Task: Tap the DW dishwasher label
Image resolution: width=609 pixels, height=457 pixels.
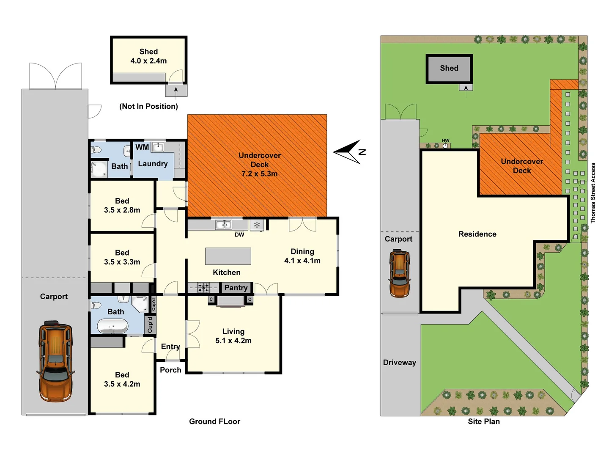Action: pyautogui.click(x=239, y=234)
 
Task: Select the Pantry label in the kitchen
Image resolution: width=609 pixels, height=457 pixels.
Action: pyautogui.click(x=236, y=288)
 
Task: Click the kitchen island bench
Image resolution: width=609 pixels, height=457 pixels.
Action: pyautogui.click(x=228, y=256)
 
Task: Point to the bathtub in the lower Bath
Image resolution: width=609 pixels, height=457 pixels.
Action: pyautogui.click(x=112, y=326)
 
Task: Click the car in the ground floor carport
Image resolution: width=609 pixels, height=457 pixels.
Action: pyautogui.click(x=56, y=361)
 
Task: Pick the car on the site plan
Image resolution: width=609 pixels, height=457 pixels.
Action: pyautogui.click(x=399, y=273)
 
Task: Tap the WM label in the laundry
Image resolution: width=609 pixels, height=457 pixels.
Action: pyautogui.click(x=142, y=147)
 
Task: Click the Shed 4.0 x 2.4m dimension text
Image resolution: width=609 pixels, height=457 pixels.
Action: pyautogui.click(x=148, y=61)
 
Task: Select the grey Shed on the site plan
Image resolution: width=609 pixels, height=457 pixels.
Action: pyautogui.click(x=449, y=68)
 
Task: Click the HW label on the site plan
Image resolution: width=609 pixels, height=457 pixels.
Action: pyautogui.click(x=446, y=140)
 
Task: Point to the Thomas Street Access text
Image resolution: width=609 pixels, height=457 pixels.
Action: pyautogui.click(x=593, y=193)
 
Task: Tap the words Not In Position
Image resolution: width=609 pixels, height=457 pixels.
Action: pyautogui.click(x=148, y=106)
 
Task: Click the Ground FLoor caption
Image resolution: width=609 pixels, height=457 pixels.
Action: pyautogui.click(x=214, y=421)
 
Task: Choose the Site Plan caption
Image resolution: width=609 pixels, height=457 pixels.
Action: pyautogui.click(x=484, y=421)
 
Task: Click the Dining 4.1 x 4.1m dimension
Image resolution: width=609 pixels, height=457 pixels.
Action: pyautogui.click(x=302, y=261)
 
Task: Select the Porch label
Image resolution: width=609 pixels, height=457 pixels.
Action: pyautogui.click(x=170, y=370)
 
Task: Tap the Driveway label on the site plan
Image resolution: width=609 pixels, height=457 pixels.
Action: pyautogui.click(x=400, y=363)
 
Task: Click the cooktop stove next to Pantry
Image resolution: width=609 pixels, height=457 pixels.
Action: pyautogui.click(x=203, y=288)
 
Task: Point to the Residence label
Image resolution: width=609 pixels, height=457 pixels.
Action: pyautogui.click(x=477, y=234)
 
